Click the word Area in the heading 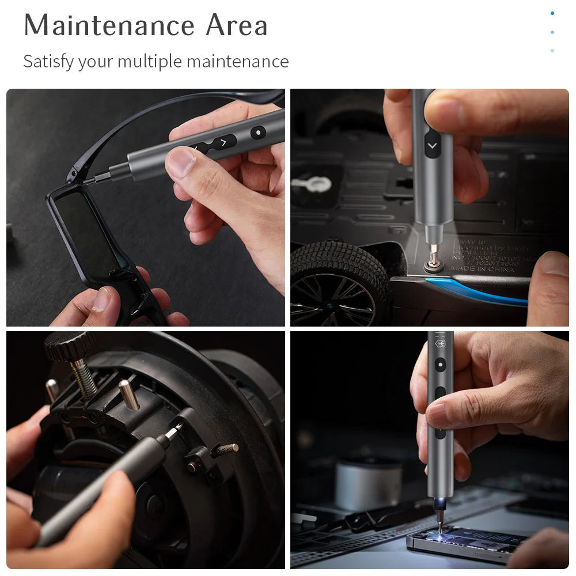pyautogui.click(x=237, y=25)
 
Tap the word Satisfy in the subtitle pyautogui.click(x=48, y=61)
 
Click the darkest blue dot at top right pyautogui.click(x=552, y=13)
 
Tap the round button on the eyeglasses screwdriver pyautogui.click(x=258, y=132)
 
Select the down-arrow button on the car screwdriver pyautogui.click(x=432, y=146)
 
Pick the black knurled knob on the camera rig pyautogui.click(x=70, y=344)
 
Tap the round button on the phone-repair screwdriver pyautogui.click(x=441, y=364)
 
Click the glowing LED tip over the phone pyautogui.click(x=437, y=508)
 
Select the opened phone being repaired pyautogui.click(x=467, y=544)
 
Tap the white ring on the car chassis pyautogui.click(x=311, y=184)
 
